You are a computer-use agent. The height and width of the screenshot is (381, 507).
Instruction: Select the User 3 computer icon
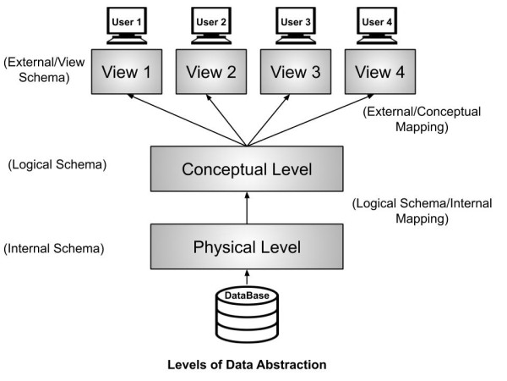click(x=292, y=24)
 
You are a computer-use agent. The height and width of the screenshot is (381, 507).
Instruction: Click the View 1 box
click(x=127, y=72)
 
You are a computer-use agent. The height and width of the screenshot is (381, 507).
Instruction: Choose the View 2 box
click(x=210, y=72)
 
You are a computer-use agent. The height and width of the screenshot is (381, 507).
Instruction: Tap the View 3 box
click(x=292, y=72)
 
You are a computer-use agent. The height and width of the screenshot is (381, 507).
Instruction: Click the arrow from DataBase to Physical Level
click(x=247, y=276)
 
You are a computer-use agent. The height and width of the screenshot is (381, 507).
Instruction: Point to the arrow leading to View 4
click(x=308, y=119)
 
